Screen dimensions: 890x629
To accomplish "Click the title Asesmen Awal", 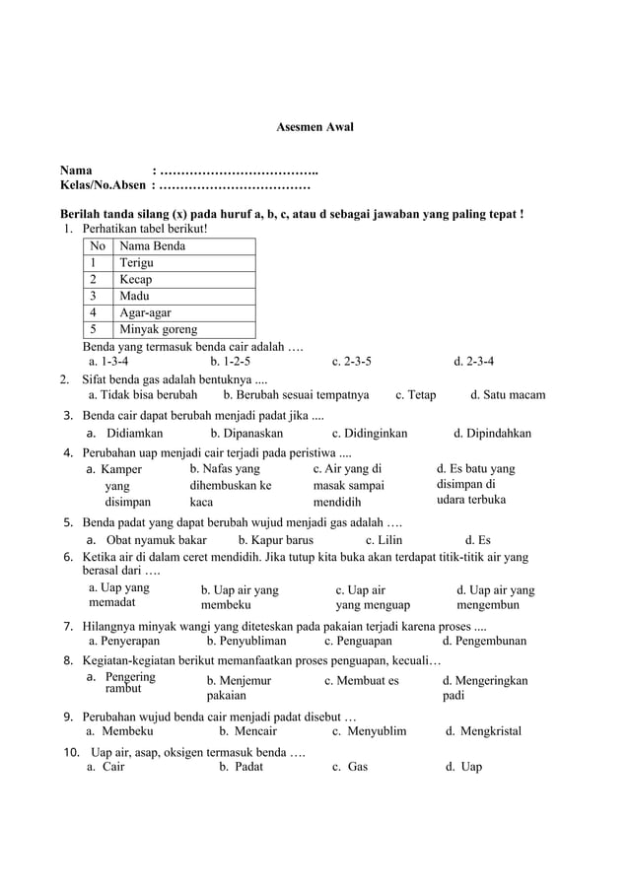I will (x=313, y=127).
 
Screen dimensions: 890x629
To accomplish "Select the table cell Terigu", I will (x=137, y=263).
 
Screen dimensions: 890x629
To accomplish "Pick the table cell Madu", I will (x=135, y=296).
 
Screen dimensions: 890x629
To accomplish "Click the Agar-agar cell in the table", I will (x=145, y=312).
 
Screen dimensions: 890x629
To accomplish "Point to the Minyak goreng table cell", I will (x=158, y=329).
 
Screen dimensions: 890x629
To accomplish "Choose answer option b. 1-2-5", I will (x=230, y=361).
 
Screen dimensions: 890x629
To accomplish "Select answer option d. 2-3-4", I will (x=474, y=361).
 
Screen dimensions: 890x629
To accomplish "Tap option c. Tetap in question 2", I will (x=415, y=395).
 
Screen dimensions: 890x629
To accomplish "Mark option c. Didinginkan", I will (x=370, y=433).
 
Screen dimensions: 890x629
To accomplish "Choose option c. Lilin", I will (x=384, y=540).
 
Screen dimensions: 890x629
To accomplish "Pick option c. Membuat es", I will (x=361, y=680).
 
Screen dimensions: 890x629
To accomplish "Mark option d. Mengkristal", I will (x=483, y=730).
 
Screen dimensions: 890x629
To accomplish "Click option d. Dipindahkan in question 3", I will (x=492, y=433).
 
